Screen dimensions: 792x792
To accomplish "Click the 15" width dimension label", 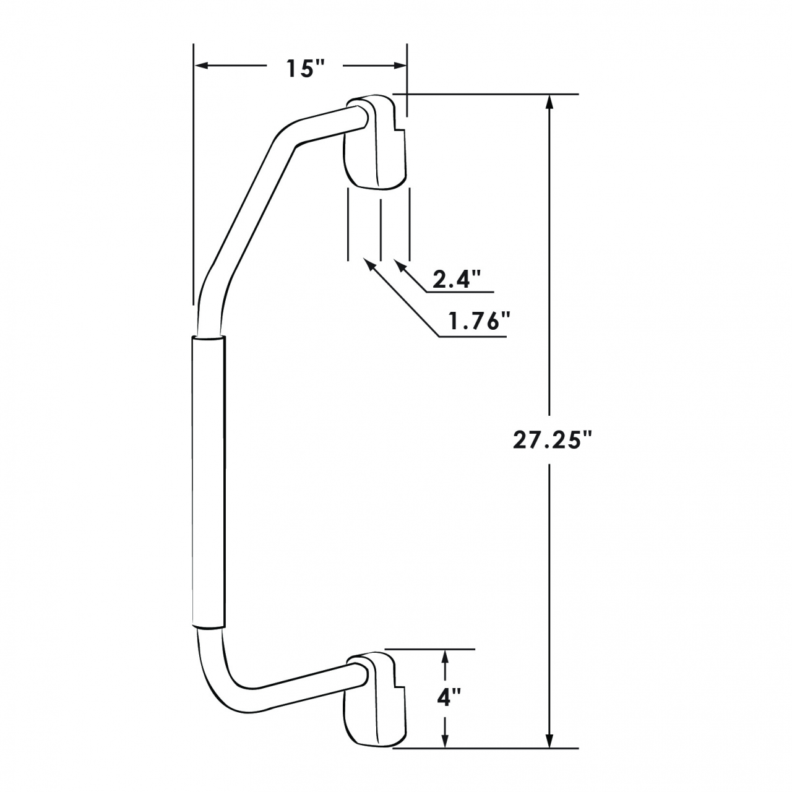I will click(x=306, y=68).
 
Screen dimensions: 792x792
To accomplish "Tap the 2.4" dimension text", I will click(x=457, y=280).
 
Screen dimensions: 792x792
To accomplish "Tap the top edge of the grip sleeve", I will click(x=209, y=337).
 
